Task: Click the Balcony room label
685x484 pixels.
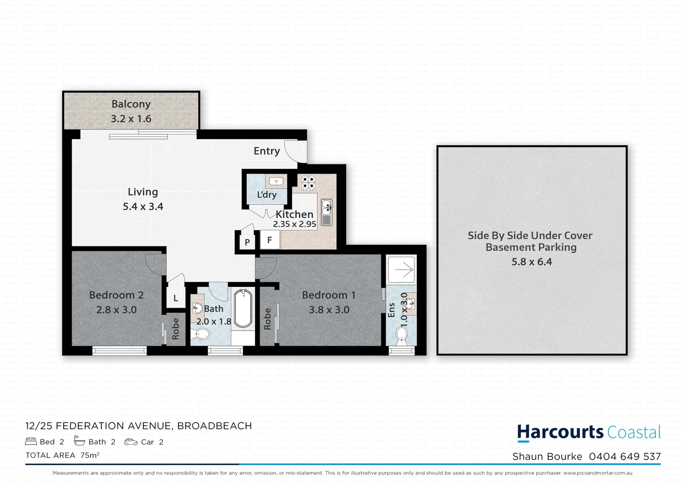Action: tap(131, 104)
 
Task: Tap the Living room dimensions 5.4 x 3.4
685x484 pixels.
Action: tap(143, 207)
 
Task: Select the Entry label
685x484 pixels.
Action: tap(267, 151)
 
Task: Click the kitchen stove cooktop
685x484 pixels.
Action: tap(308, 182)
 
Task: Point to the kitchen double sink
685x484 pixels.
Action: tap(327, 212)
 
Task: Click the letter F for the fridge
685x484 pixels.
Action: tap(269, 240)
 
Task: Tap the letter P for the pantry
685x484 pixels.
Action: tap(247, 242)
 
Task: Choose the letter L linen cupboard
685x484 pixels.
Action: tap(176, 298)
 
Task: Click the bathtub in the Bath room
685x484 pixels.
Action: tap(243, 308)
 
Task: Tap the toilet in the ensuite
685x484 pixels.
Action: tap(401, 335)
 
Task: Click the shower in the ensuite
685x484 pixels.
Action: tap(402, 269)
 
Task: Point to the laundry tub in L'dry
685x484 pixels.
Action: tap(276, 181)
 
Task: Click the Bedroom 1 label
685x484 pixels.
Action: tap(329, 295)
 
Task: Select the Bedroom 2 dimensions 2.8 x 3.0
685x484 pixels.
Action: tap(117, 310)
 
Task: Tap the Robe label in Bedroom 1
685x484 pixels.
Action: tap(268, 319)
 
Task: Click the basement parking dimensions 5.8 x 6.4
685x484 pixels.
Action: tap(532, 262)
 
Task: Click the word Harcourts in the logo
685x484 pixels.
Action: tap(560, 432)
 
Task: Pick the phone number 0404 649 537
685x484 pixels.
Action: tap(625, 457)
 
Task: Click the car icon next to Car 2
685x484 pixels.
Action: tap(131, 442)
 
